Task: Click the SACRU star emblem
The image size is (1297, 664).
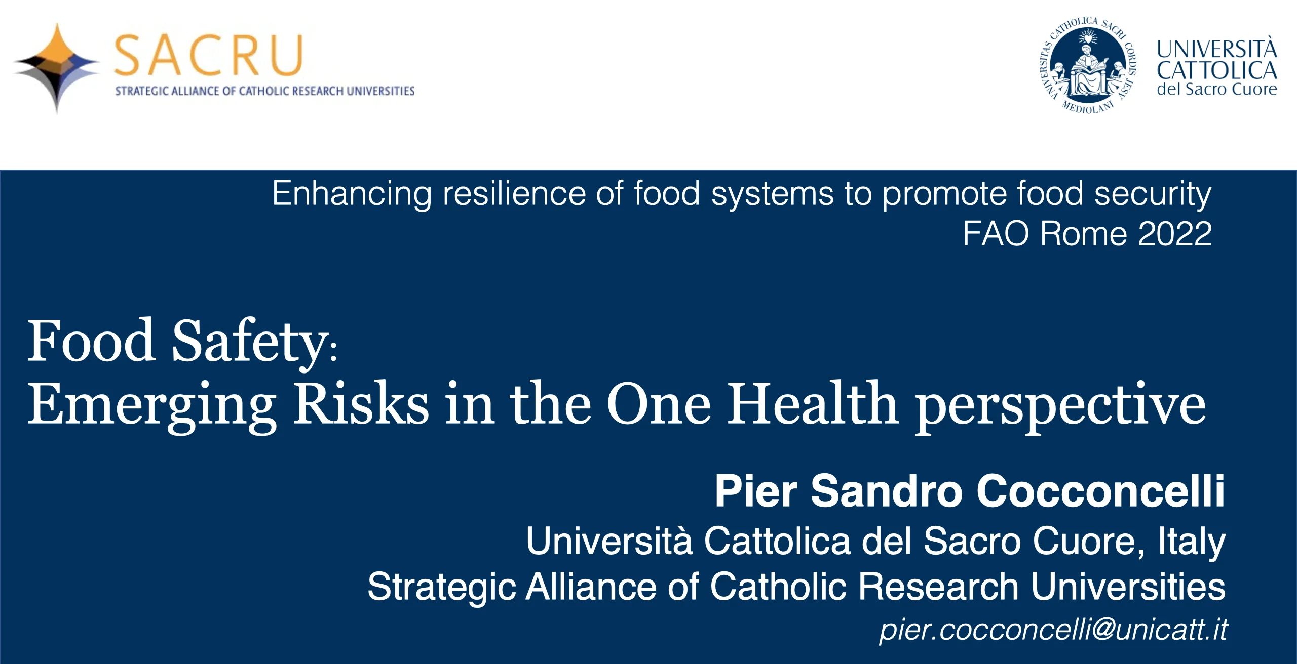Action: point(57,68)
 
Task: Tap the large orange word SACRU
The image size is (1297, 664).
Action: point(209,55)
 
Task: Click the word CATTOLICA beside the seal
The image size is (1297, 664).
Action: point(1217,70)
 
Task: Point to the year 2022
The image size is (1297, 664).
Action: point(1174,234)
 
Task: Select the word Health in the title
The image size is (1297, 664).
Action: point(813,403)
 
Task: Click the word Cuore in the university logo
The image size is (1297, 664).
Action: point(1254,90)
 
